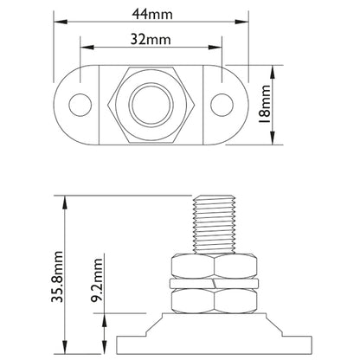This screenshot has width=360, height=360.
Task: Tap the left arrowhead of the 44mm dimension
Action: [57, 24]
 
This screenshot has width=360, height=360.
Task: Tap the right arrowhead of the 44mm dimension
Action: [244, 24]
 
